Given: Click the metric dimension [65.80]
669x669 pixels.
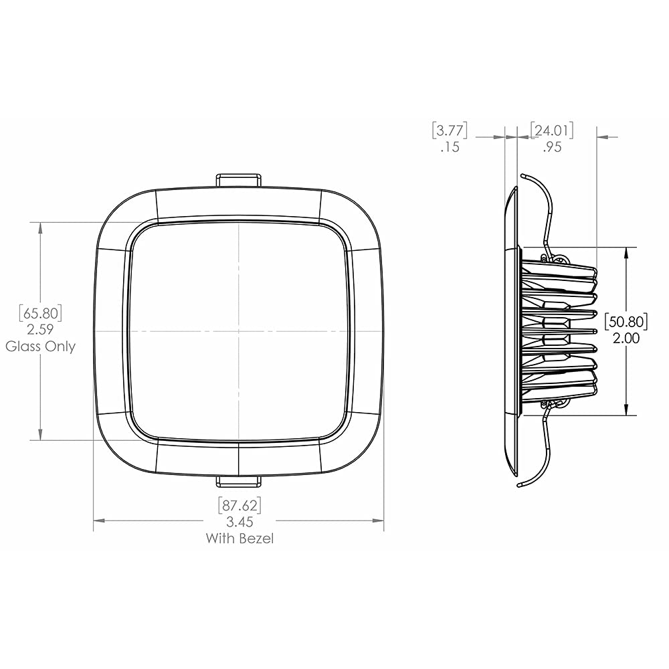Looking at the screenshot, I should (41, 312).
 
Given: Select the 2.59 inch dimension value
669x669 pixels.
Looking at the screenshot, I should (41, 330).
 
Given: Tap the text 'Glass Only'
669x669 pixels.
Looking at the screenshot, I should (41, 347).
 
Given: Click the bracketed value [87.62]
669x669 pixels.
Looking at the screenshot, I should (239, 504).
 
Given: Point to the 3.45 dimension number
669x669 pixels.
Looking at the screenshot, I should (239, 521).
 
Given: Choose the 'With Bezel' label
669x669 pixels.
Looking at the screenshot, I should (239, 538).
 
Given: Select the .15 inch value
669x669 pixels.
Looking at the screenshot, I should (450, 147).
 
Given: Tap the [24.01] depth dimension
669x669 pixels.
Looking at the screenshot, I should (552, 129).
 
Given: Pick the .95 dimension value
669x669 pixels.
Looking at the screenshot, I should (552, 147).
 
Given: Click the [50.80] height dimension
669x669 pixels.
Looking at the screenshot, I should (626, 322).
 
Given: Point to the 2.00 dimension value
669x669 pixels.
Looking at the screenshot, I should (626, 339).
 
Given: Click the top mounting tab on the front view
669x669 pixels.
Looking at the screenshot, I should (239, 179).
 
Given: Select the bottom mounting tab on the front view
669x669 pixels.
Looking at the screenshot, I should (239, 481).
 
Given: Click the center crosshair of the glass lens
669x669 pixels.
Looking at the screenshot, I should (239, 331).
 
